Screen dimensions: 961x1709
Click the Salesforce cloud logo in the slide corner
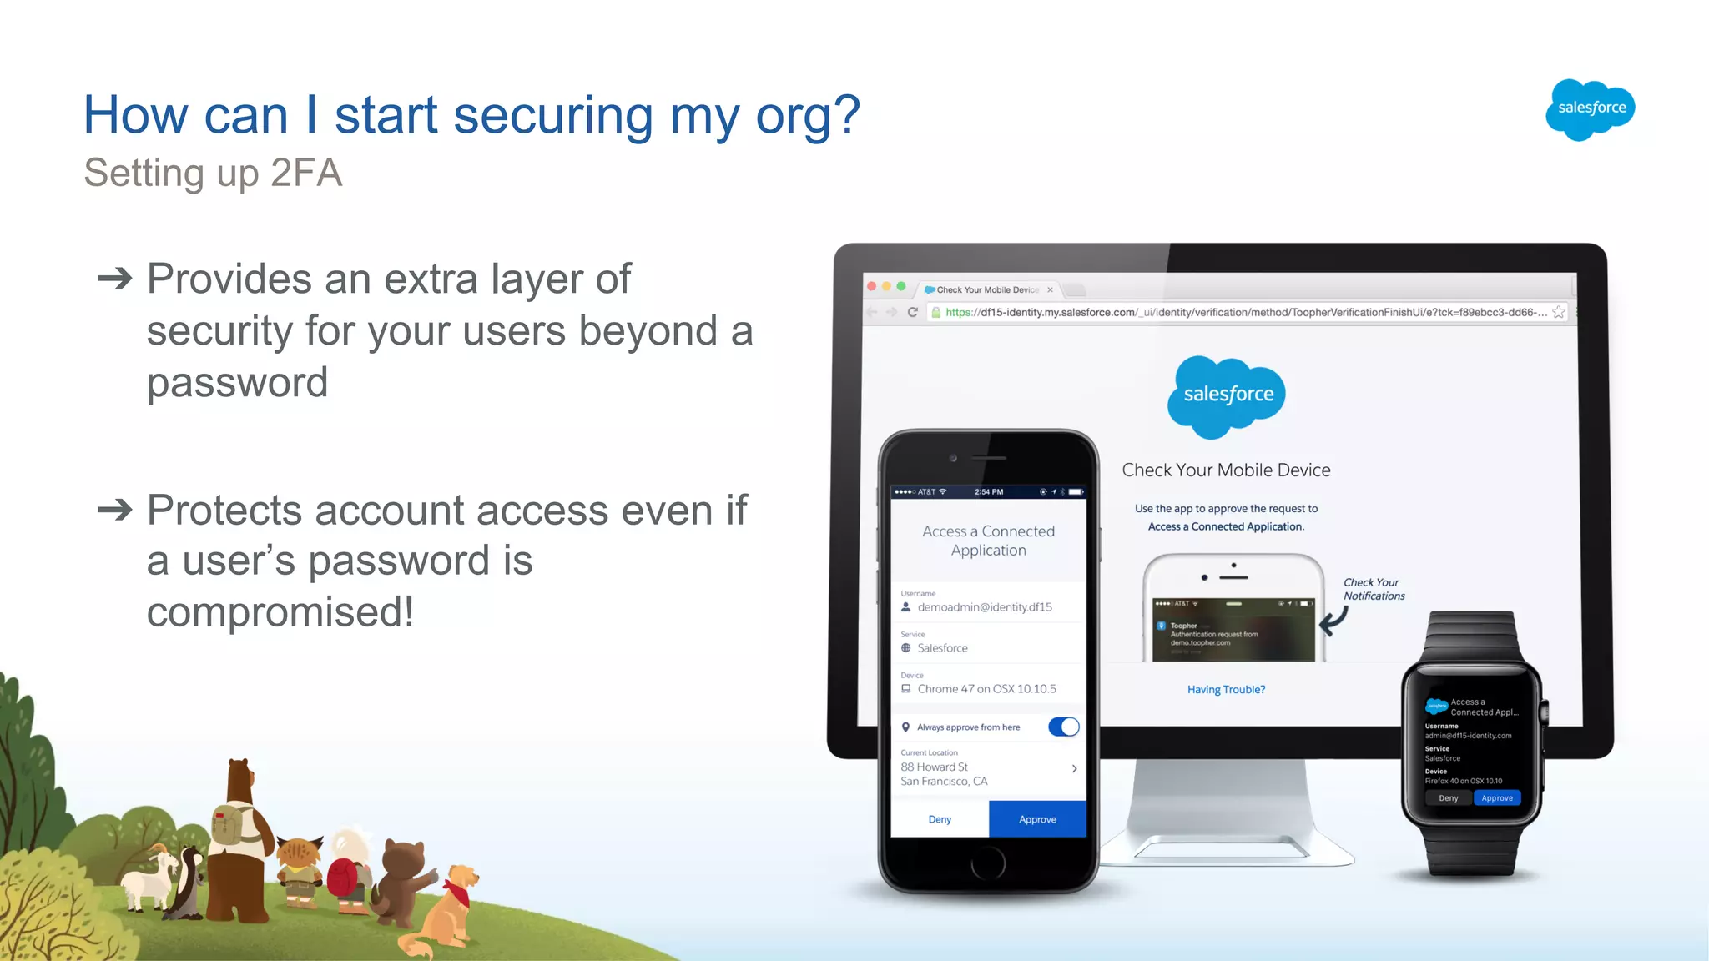point(1590,109)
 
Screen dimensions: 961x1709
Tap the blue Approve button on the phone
point(1037,819)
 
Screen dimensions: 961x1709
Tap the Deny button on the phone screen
point(940,819)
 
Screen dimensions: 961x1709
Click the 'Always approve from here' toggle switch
point(1064,727)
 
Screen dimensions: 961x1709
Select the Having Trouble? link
point(1226,689)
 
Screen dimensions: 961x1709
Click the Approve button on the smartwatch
point(1497,798)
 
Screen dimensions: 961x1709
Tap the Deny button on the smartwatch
point(1449,798)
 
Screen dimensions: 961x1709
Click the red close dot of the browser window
point(872,286)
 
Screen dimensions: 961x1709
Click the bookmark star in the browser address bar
point(1559,312)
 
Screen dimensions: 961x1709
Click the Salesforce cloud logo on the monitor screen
point(1227,395)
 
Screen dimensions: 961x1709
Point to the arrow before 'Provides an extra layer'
point(115,278)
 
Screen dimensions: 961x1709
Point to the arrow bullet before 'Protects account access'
point(115,509)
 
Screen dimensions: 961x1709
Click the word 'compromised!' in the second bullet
point(280,611)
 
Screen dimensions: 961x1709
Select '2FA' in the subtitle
point(306,174)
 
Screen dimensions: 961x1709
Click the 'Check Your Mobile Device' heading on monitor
point(1226,470)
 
